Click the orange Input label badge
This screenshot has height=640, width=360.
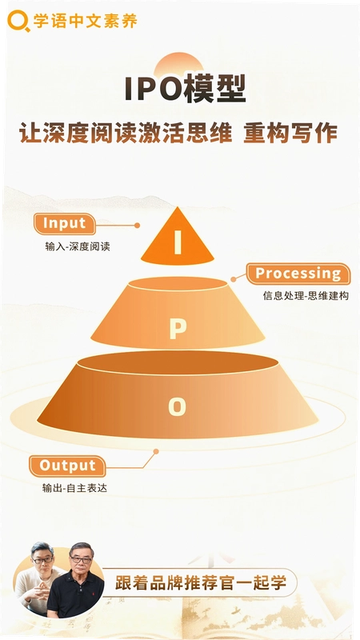tap(65, 223)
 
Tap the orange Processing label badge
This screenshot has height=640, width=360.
tap(298, 273)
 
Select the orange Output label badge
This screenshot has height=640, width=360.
tap(67, 466)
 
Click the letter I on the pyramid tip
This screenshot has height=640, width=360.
tap(178, 242)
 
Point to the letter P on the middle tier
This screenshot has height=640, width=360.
tap(178, 329)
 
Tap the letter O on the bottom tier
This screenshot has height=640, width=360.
tap(177, 406)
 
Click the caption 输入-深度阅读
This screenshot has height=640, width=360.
tap(78, 246)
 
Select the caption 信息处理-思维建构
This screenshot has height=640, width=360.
tap(306, 295)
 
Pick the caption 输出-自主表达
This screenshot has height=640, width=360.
tap(74, 488)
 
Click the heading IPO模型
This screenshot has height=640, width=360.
tap(186, 89)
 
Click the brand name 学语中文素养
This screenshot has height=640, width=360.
tap(86, 21)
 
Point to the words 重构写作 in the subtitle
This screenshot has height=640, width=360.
tap(290, 133)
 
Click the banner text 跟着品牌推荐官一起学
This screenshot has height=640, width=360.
tap(201, 582)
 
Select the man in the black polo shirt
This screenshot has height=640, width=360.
tap(76, 582)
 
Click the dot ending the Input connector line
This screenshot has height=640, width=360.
tap(137, 226)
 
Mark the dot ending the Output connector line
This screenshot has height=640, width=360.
tap(156, 451)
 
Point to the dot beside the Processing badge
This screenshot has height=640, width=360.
tap(233, 279)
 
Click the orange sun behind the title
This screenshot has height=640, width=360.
tap(178, 66)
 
